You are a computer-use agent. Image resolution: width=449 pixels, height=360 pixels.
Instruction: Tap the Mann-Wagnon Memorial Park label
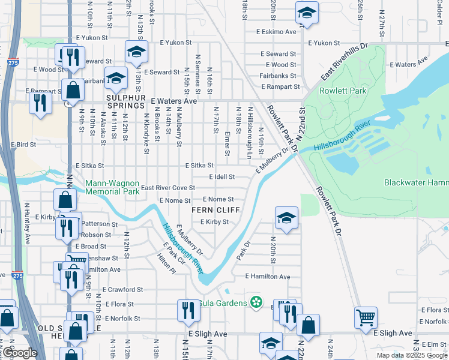point(112,187)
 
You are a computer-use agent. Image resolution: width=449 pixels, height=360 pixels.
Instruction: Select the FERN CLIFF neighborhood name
point(215,210)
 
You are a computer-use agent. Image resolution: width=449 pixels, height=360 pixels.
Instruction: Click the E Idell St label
point(221,177)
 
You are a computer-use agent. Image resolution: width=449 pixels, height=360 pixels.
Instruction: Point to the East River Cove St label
point(168,188)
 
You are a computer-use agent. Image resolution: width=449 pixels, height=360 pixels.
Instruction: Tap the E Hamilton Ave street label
point(267,277)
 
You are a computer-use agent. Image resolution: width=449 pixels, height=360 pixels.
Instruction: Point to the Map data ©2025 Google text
point(412,355)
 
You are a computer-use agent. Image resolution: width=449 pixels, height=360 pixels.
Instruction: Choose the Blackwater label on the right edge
point(416,182)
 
